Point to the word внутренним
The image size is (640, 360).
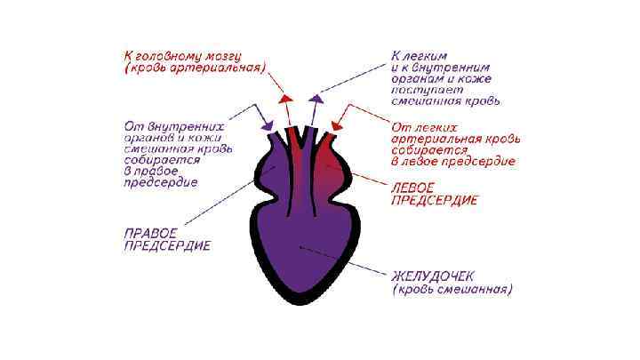(x=461, y=66)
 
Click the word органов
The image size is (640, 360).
(x=148, y=137)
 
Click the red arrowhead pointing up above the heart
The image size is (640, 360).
(x=286, y=99)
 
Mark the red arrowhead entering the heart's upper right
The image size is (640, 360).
(x=338, y=124)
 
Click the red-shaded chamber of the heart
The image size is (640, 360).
(x=339, y=169)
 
